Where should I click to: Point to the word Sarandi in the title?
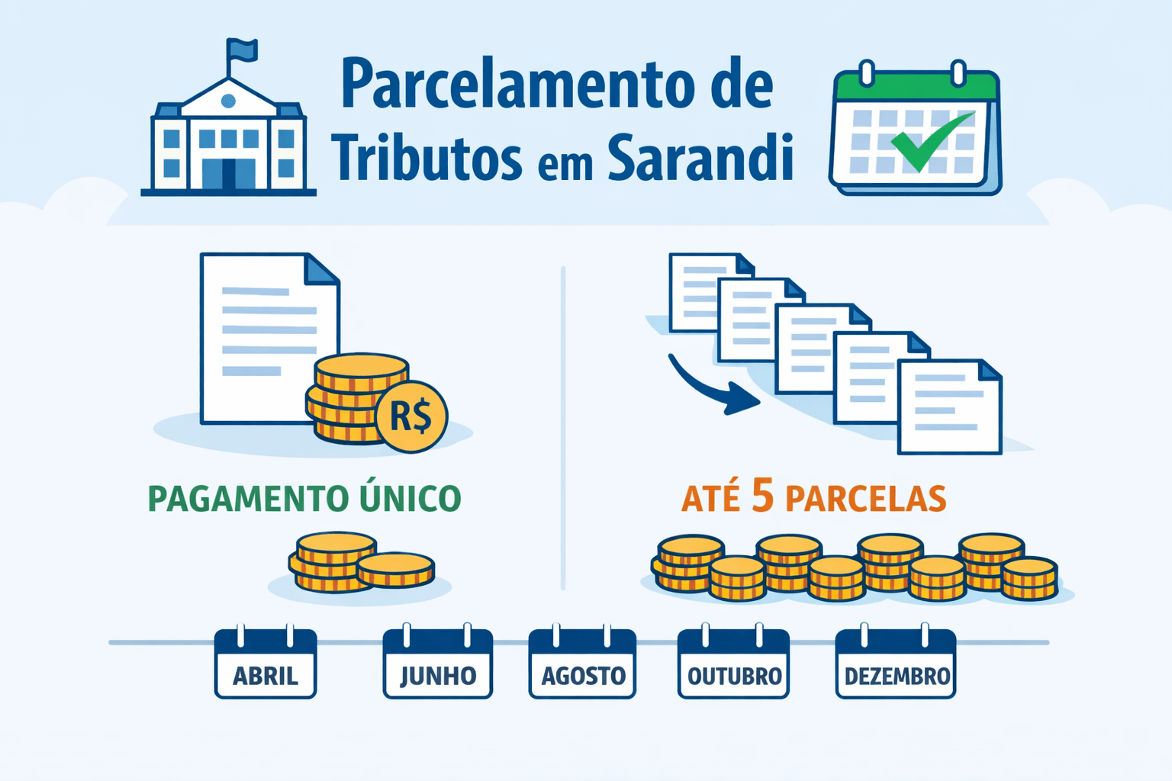point(700,158)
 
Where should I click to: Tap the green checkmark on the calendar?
point(931,141)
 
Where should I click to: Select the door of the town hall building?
point(229,173)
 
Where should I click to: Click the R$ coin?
point(411,416)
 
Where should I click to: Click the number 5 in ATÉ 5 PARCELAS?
point(762,496)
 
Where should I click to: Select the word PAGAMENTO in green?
point(237,500)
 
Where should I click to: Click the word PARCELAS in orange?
point(866,500)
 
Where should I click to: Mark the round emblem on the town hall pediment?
point(227,101)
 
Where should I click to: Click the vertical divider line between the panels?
point(563,427)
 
